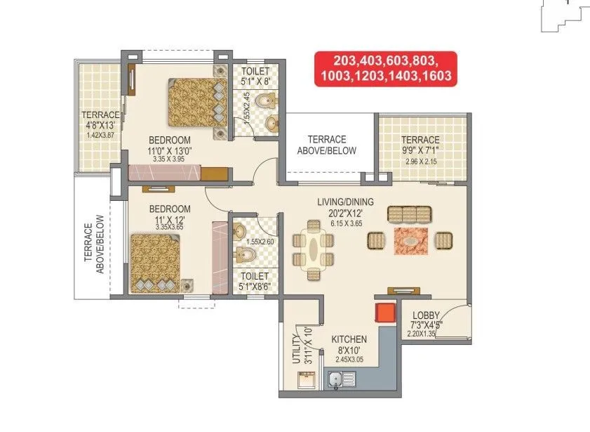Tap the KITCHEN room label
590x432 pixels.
click(x=349, y=339)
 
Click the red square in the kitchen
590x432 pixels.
click(x=384, y=314)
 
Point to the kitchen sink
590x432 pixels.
click(x=342, y=380)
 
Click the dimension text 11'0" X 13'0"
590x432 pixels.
click(x=170, y=150)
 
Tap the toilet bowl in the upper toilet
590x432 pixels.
click(x=263, y=103)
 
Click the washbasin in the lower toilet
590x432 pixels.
click(x=239, y=230)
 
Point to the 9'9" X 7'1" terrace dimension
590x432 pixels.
click(x=421, y=150)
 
